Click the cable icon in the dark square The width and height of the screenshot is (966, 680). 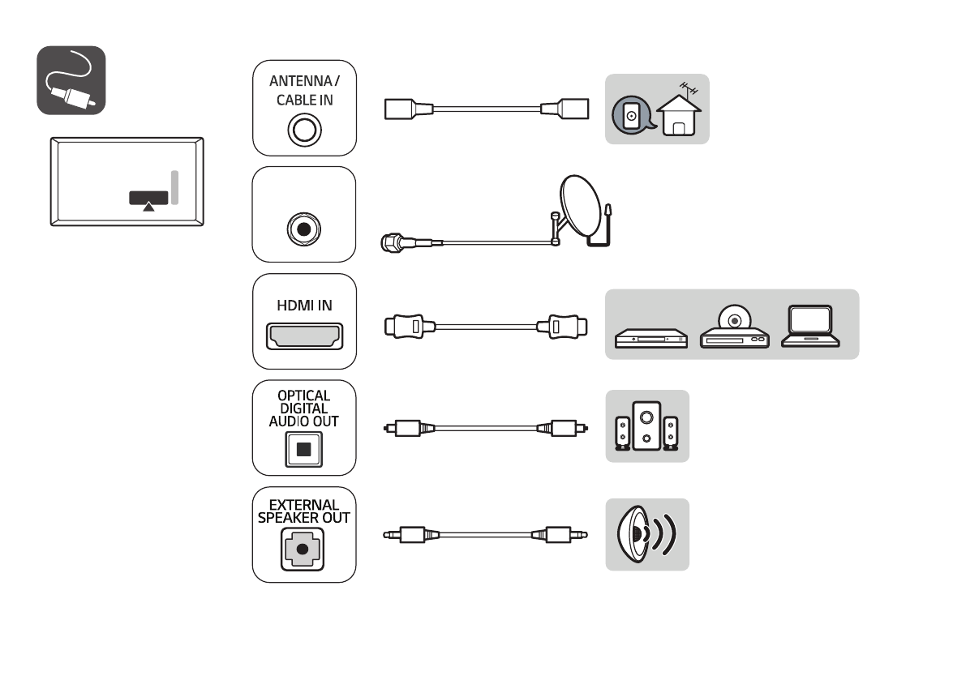[71, 80]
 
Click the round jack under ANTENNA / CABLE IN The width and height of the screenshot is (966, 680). [304, 130]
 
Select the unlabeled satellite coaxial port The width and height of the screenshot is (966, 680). [303, 229]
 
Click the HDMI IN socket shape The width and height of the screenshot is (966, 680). [304, 336]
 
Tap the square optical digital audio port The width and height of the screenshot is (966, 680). [303, 449]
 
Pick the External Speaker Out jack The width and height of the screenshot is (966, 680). [303, 549]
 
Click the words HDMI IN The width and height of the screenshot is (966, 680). [304, 306]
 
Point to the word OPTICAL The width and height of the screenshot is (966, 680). [303, 396]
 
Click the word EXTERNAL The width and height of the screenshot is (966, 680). [303, 505]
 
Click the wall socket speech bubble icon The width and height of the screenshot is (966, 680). [632, 115]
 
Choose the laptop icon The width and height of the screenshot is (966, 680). [810, 326]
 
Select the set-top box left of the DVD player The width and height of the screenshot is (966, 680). [651, 339]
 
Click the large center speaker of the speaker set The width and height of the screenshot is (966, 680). [646, 426]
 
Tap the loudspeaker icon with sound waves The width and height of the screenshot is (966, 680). [646, 534]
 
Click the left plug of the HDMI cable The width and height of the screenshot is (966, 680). [409, 326]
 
